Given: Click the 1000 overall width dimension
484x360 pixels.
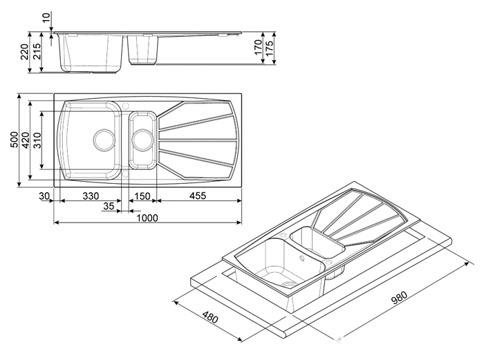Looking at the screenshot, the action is (x=147, y=218).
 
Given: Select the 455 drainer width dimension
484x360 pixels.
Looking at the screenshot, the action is (x=198, y=196).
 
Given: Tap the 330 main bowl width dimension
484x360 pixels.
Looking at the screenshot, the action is (x=91, y=196).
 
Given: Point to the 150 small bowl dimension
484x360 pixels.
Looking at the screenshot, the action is (x=142, y=196).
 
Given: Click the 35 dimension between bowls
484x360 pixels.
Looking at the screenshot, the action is (x=109, y=206).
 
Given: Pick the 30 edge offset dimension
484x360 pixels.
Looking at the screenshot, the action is (x=44, y=196).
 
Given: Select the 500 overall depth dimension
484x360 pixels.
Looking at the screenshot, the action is (x=15, y=140).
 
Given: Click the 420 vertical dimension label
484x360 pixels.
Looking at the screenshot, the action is (x=26, y=140).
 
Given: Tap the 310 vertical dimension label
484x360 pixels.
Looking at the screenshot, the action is (x=37, y=140).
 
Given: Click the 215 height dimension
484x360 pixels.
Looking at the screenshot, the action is (x=37, y=52).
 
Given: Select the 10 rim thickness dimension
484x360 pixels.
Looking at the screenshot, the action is (x=46, y=17).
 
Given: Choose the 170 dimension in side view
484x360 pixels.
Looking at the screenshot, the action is (x=258, y=47).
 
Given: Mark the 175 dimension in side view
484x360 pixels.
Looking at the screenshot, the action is (x=269, y=48).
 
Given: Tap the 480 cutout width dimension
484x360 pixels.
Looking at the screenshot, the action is (x=210, y=316).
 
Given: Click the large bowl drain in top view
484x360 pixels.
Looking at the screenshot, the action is (x=104, y=140).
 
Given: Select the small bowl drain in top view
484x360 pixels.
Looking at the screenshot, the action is (x=142, y=140).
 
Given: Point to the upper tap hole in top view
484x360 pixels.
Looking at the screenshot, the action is (x=125, y=106).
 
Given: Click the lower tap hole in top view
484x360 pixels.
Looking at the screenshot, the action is (x=125, y=174).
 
